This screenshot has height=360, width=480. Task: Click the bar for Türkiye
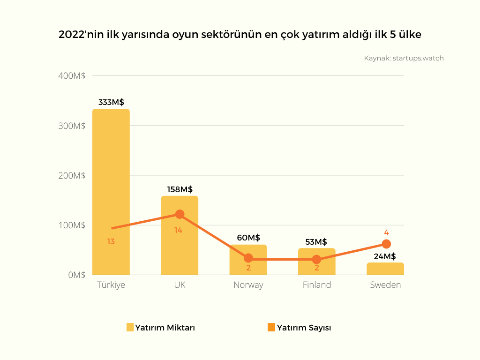pyautogui.click(x=111, y=192)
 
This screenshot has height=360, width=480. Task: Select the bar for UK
pyautogui.click(x=180, y=244)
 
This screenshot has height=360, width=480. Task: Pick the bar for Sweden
pyautogui.click(x=385, y=269)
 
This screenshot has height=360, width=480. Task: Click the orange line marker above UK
pyautogui.click(x=180, y=214)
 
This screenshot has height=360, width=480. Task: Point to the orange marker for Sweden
pyautogui.click(x=386, y=244)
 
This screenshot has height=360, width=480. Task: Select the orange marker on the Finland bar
pyautogui.click(x=316, y=259)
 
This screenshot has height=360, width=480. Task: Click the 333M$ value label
pyautogui.click(x=111, y=102)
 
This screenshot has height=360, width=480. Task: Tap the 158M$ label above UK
pyautogui.click(x=180, y=189)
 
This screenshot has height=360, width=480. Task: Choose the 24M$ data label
pyautogui.click(x=385, y=256)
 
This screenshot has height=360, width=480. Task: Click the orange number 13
pyautogui.click(x=111, y=242)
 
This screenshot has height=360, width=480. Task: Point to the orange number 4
pyautogui.click(x=386, y=232)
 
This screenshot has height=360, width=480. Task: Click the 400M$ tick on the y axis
pyautogui.click(x=72, y=76)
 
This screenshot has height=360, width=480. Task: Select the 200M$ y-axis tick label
pyautogui.click(x=72, y=175)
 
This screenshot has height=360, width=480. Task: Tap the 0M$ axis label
pyautogui.click(x=76, y=275)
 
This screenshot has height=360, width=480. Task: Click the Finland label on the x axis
pyautogui.click(x=316, y=285)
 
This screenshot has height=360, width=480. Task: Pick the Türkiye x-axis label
pyautogui.click(x=111, y=285)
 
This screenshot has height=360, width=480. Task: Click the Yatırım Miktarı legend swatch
pyautogui.click(x=130, y=328)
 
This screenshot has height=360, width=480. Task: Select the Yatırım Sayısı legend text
pyautogui.click(x=304, y=328)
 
